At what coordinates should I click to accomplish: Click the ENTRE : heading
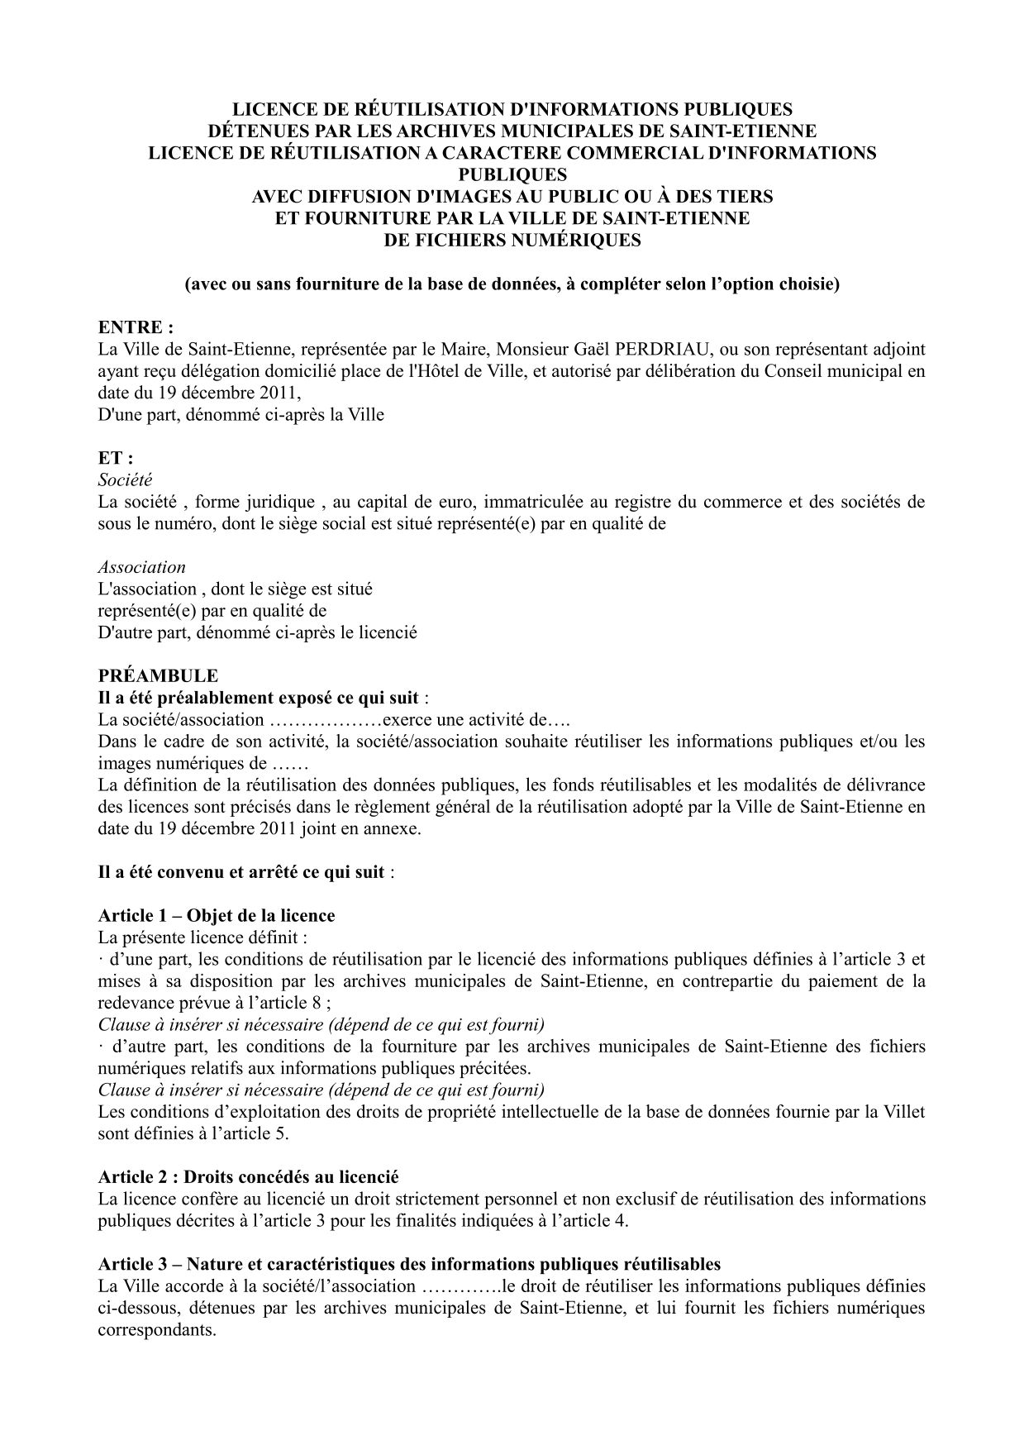point(136,327)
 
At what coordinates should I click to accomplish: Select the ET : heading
point(116,458)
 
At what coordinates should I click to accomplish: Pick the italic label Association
point(141,567)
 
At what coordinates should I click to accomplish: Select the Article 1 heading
point(217,916)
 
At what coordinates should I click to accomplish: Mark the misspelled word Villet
point(905,1112)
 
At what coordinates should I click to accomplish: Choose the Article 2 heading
point(248,1176)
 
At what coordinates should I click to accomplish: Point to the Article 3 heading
point(409,1264)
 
